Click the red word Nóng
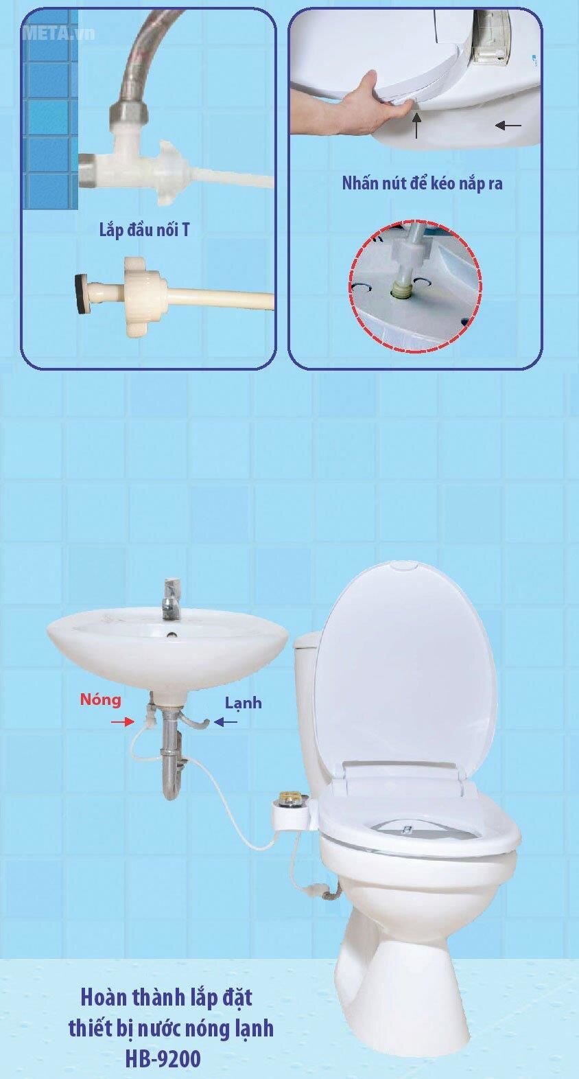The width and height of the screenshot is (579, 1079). (100, 699)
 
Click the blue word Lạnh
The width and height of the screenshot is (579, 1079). (243, 703)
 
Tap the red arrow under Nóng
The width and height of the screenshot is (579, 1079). (121, 722)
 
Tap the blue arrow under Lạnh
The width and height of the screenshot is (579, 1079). (226, 722)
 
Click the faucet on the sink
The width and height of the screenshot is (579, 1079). (171, 597)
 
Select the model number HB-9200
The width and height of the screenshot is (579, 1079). (163, 1059)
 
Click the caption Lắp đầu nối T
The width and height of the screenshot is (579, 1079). (144, 230)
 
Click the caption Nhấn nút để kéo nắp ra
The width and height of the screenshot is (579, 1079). (422, 184)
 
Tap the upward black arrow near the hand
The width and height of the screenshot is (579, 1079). (416, 126)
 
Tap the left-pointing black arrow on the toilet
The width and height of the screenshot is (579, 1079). (508, 126)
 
